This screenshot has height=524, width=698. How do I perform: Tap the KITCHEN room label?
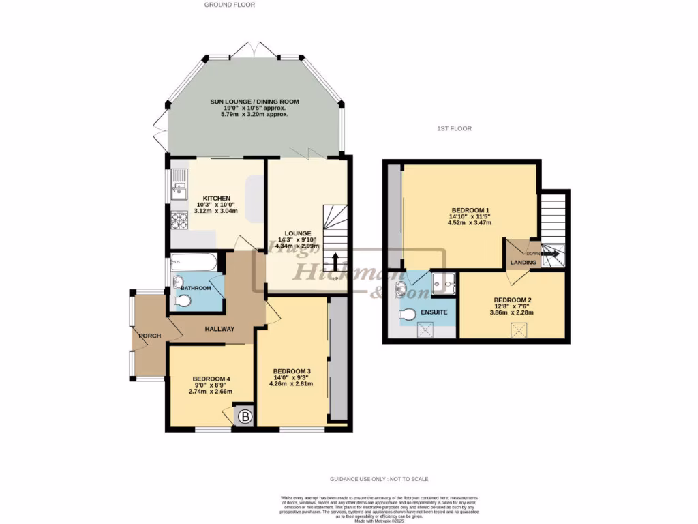(x=207, y=199)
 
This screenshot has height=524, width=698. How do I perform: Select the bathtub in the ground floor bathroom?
(x=194, y=261)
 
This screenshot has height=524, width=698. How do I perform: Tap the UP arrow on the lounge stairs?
(x=335, y=263)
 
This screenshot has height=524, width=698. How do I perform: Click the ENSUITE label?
(x=434, y=312)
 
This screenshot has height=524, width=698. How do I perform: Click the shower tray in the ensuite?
(x=444, y=281)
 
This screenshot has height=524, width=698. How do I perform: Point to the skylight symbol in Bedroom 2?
(x=520, y=331)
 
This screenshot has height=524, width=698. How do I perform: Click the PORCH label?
(x=149, y=336)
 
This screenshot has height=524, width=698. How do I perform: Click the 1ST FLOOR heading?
(x=455, y=128)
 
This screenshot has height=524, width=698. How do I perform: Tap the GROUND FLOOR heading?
(x=230, y=5)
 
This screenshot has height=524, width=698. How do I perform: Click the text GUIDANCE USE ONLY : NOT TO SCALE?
(x=379, y=479)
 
